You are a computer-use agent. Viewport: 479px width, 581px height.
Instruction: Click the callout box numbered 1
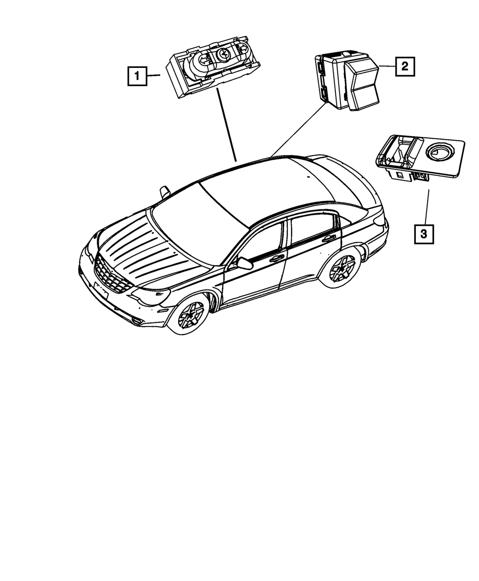point(137,76)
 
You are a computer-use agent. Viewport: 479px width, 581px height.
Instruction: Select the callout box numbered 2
point(405,67)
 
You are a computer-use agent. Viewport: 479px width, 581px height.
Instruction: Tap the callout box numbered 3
point(424,234)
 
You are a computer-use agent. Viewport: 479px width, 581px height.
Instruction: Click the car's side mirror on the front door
point(244,263)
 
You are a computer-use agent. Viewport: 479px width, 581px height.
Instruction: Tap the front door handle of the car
point(276,258)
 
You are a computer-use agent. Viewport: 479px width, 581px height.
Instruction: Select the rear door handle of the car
point(329,238)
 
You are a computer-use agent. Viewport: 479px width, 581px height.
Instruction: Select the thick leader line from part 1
point(226,124)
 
